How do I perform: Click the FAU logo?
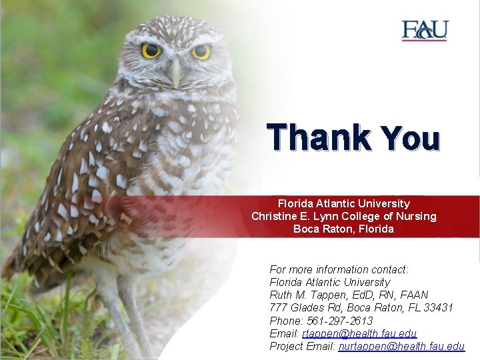[x=425, y=31]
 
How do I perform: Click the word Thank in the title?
[x=319, y=138]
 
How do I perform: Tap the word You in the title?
[x=411, y=139]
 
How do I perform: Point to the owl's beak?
[x=176, y=73]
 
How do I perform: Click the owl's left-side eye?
[x=151, y=51]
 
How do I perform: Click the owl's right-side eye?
[x=201, y=51]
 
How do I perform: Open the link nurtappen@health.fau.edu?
[x=401, y=346]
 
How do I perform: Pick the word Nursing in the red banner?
[x=415, y=216]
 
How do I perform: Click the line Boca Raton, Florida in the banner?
[x=343, y=229]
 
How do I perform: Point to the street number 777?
[x=278, y=307]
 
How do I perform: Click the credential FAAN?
[x=413, y=295]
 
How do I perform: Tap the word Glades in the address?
[x=307, y=307]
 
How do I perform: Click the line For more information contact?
[x=339, y=269]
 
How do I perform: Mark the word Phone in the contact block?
[x=285, y=321]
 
